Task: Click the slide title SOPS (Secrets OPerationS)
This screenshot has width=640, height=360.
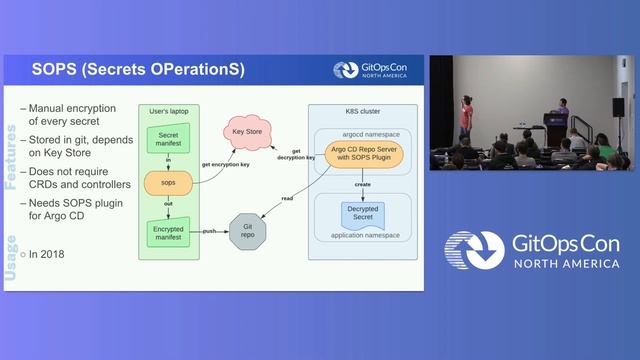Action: pos(137,70)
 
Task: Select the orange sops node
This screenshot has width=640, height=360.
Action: pos(168,184)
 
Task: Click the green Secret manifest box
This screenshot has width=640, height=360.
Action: pos(168,139)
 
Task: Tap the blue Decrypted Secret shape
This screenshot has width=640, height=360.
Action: pos(362,213)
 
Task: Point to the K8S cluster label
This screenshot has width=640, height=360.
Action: pos(361,112)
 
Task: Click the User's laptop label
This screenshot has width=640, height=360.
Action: pos(168,110)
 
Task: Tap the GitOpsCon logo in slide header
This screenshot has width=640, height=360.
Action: pos(377,70)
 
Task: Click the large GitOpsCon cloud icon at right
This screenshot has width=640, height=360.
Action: pos(474,252)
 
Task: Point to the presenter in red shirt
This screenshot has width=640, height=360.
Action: pos(466,117)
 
